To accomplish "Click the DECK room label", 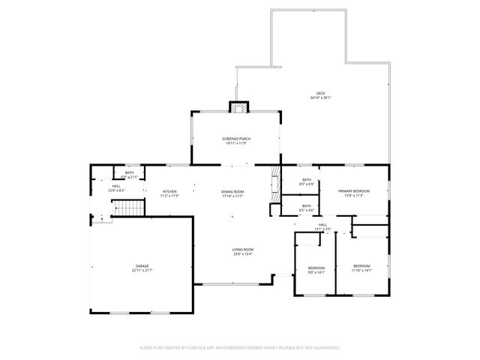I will tap(320, 93).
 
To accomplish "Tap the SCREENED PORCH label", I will tap(235, 139).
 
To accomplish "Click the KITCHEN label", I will tap(170, 192).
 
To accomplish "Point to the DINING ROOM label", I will tap(232, 192).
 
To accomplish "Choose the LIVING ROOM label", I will tap(243, 249).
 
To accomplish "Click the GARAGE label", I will tap(142, 265).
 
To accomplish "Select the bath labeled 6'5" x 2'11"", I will tap(130, 173).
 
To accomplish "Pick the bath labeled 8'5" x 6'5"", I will tap(307, 180).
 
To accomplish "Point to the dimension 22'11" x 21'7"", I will tap(142, 270).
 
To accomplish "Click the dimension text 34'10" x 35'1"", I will tap(320, 97).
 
